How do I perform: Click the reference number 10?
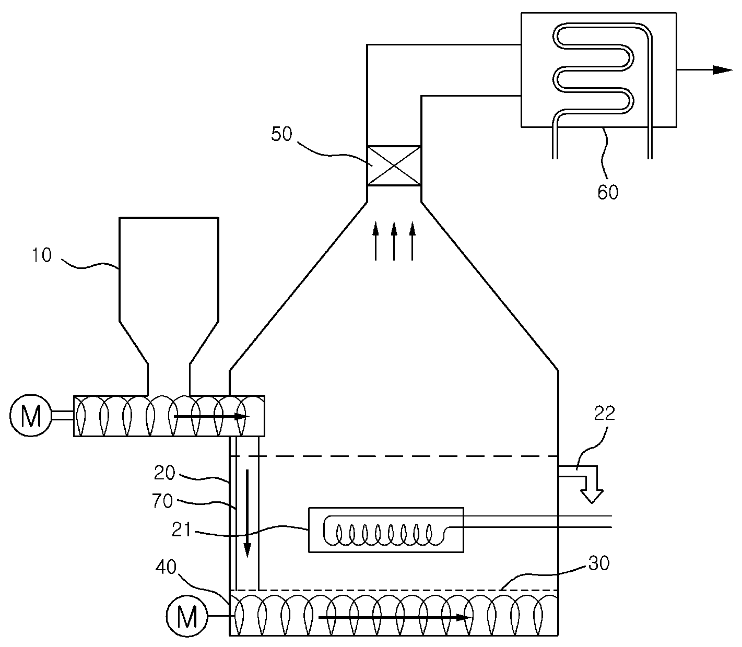click(42, 255)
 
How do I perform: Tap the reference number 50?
click(281, 134)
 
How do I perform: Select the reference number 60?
click(608, 192)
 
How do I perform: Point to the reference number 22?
click(605, 413)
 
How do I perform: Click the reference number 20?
click(164, 473)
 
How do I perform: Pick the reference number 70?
click(162, 501)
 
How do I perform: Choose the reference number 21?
click(181, 530)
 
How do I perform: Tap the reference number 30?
click(599, 563)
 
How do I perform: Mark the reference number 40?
click(166, 567)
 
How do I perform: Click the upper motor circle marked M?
click(31, 416)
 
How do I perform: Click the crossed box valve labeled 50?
click(394, 166)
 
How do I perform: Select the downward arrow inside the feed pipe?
click(248, 513)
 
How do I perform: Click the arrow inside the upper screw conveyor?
click(211, 416)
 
